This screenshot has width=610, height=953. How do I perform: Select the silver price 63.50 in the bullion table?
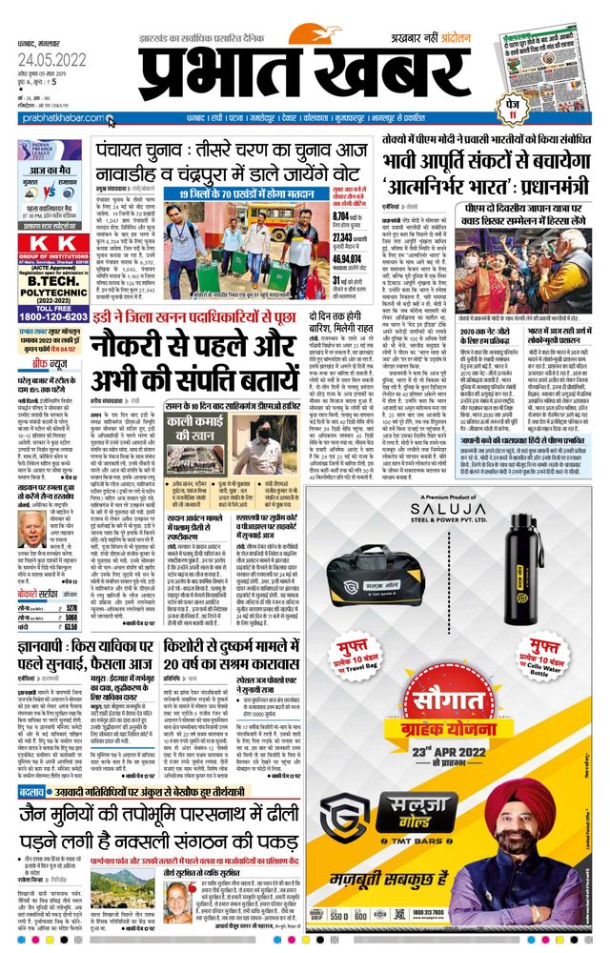pos(69,627)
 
